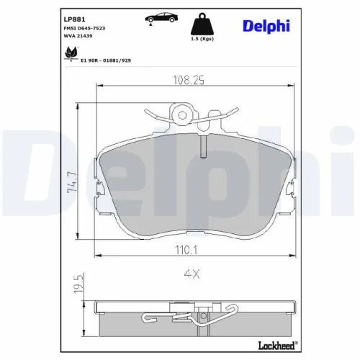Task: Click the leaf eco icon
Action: pos(70,52)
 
